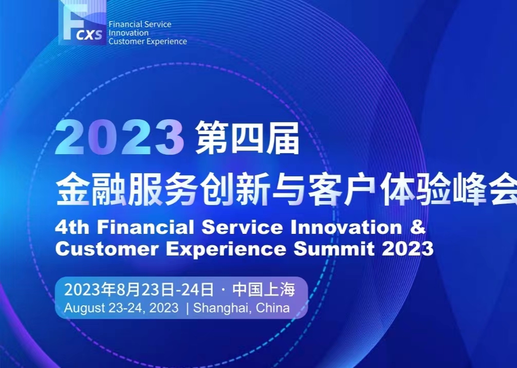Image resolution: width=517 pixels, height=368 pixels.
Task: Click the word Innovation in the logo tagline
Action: click(128, 33)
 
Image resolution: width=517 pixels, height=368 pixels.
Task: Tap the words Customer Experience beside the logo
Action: click(147, 42)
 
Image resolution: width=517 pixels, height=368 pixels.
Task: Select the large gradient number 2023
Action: click(120, 137)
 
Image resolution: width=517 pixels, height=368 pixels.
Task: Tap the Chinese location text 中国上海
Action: click(264, 289)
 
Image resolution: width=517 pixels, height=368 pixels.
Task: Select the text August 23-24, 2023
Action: click(121, 308)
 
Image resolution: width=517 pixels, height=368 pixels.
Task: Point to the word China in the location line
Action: click(273, 308)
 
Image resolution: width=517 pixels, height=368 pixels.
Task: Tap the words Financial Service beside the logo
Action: click(140, 24)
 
